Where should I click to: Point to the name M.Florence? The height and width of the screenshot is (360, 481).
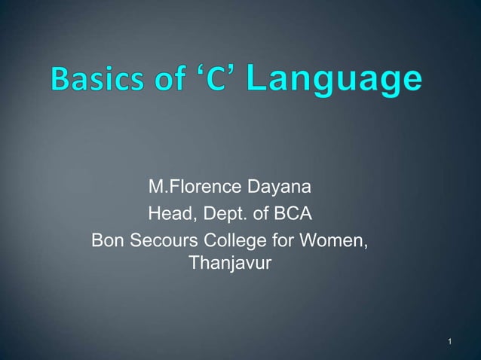click(x=191, y=186)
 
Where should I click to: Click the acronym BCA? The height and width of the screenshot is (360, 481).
click(x=292, y=215)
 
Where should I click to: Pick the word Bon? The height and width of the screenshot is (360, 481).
click(x=107, y=242)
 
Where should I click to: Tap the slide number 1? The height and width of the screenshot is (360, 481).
click(x=449, y=344)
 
